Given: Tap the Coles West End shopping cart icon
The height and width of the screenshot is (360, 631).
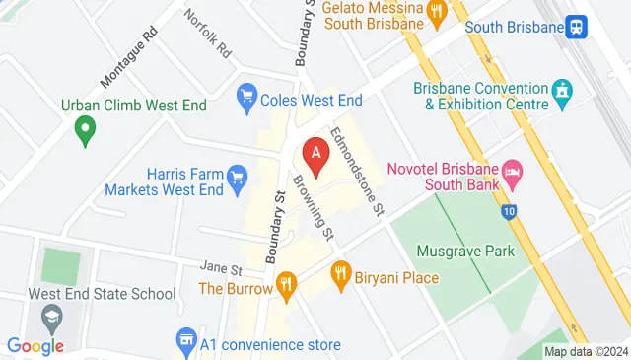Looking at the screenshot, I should pyautogui.click(x=246, y=98).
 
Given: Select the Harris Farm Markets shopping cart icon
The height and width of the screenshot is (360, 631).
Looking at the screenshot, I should pyautogui.click(x=236, y=178).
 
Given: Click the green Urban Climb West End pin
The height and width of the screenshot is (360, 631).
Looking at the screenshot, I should pyautogui.click(x=85, y=127).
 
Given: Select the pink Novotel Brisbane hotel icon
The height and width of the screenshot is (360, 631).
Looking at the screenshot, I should pyautogui.click(x=512, y=172).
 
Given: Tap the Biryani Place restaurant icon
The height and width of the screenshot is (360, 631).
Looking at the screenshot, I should pyautogui.click(x=340, y=270).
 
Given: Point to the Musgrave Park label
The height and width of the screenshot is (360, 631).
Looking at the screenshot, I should pyautogui.click(x=465, y=252).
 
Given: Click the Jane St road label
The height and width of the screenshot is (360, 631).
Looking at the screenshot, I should pyautogui.click(x=220, y=267).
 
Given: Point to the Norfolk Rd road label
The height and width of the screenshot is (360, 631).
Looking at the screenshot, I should pyautogui.click(x=207, y=33).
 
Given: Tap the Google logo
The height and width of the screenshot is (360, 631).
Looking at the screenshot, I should pyautogui.click(x=35, y=346).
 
